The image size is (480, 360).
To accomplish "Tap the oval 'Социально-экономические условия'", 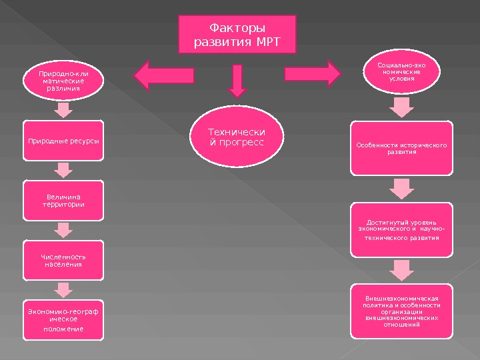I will tap(401, 73).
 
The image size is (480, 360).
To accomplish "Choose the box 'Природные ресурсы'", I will tap(63, 141).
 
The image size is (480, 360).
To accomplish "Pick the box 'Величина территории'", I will tap(63, 200).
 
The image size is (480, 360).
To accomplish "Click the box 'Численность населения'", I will tap(63, 261).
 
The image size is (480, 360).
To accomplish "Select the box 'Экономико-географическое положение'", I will tap(63, 319).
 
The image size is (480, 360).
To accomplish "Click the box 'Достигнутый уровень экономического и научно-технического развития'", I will tap(401, 229).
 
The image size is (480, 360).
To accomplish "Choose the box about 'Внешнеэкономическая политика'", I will tap(401, 311).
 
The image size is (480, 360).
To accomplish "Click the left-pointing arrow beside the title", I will tap(163, 75).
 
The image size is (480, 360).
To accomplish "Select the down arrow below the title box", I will tap(237, 81).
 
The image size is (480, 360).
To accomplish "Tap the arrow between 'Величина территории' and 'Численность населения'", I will tap(63, 230).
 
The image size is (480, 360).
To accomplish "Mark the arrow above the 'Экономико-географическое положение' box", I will tap(63, 289).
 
